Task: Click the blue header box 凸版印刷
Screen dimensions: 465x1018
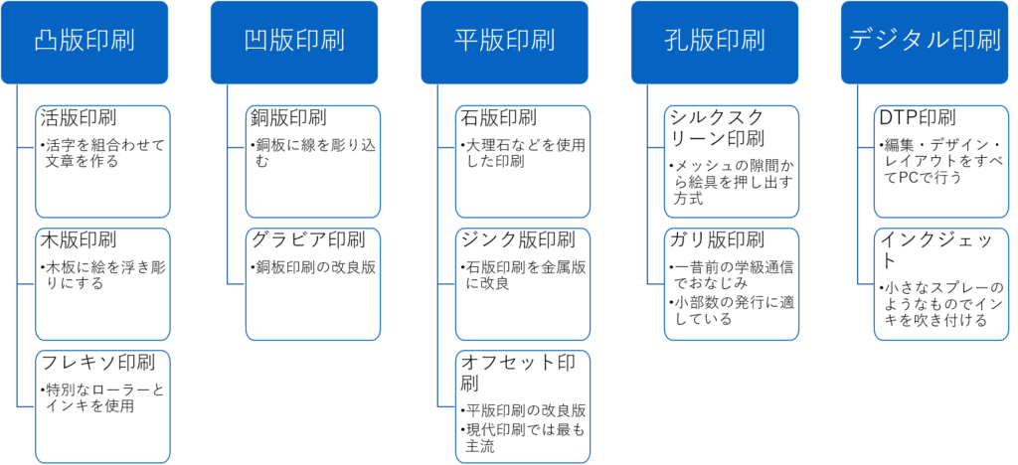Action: click(84, 42)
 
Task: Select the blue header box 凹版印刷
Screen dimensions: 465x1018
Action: click(293, 42)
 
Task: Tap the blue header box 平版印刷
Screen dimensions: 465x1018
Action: click(504, 42)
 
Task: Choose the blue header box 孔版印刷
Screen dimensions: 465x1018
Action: click(714, 42)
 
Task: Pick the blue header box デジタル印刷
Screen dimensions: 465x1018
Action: click(925, 42)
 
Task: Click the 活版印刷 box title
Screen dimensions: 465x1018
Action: click(79, 117)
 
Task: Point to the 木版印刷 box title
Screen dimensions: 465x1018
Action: click(79, 240)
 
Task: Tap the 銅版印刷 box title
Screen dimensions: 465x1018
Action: click(288, 117)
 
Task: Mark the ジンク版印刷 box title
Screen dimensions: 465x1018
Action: click(518, 240)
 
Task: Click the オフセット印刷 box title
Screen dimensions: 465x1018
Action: click(518, 373)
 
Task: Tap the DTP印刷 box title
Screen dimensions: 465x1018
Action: click(918, 117)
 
